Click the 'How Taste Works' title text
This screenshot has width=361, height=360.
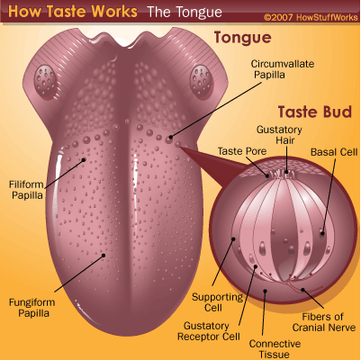tap(73, 11)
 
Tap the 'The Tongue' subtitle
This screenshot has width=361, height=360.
tap(185, 13)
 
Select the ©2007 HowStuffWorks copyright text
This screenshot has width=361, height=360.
tap(311, 17)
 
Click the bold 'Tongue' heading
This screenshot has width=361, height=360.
tap(242, 38)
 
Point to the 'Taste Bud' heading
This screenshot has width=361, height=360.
tap(314, 112)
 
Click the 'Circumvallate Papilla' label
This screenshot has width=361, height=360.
tap(283, 69)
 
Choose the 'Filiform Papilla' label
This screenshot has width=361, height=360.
tap(26, 190)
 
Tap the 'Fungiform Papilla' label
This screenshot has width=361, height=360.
tap(32, 308)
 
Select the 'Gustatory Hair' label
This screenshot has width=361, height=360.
tap(279, 135)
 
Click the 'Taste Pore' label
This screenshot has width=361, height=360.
tap(242, 151)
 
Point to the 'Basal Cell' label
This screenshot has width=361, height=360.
tap(334, 152)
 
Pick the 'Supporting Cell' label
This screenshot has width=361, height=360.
tap(218, 302)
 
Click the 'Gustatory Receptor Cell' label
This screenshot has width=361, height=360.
tap(209, 331)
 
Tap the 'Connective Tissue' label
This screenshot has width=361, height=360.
tap(275, 349)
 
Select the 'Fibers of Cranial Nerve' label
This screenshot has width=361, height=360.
tap(324, 322)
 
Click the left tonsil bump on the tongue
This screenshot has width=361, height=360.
tap(46, 81)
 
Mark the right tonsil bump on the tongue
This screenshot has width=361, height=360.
tap(201, 81)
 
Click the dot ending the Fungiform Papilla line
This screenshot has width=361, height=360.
tap(104, 256)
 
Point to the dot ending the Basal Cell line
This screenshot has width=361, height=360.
tap(322, 232)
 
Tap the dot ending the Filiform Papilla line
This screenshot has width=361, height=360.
tap(84, 160)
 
